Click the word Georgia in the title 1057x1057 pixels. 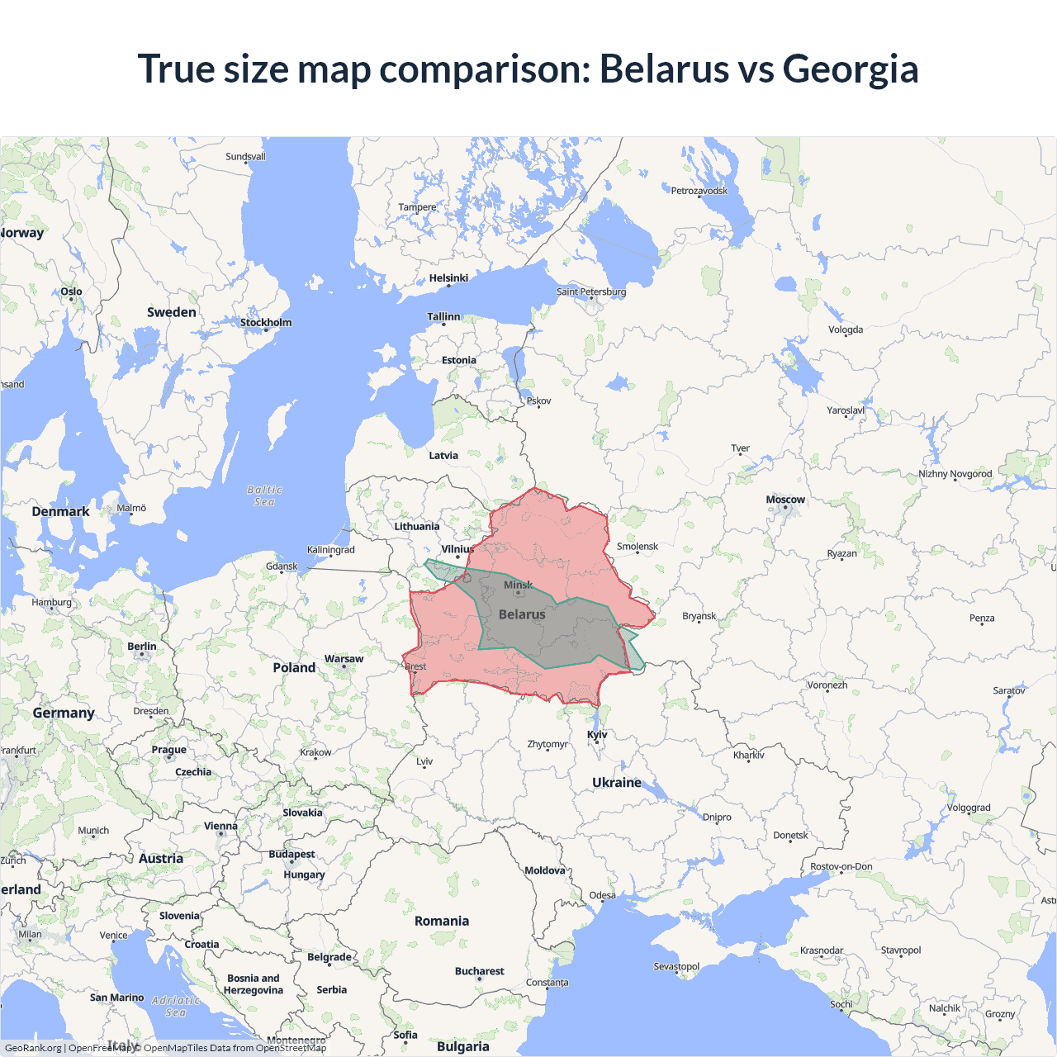(x=850, y=69)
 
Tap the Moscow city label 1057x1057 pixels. (x=784, y=500)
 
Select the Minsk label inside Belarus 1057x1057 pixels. (x=518, y=585)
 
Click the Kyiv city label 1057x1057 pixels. (x=597, y=734)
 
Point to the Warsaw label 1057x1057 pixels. (x=344, y=659)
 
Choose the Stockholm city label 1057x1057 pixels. (x=266, y=322)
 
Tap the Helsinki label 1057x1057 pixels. (x=448, y=278)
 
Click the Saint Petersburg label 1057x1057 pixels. (x=591, y=292)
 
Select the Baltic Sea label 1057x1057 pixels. (x=264, y=495)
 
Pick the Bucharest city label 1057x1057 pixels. (x=479, y=971)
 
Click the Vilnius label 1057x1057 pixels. (x=457, y=549)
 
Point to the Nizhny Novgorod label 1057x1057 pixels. (x=955, y=474)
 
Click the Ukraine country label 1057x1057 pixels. (x=617, y=782)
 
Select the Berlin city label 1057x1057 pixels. (x=142, y=647)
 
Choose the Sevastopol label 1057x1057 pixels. (x=676, y=966)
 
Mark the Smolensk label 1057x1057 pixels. (x=638, y=547)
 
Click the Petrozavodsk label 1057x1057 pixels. (x=699, y=191)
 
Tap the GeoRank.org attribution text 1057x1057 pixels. (x=33, y=1048)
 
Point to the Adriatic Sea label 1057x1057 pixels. (x=176, y=1006)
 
